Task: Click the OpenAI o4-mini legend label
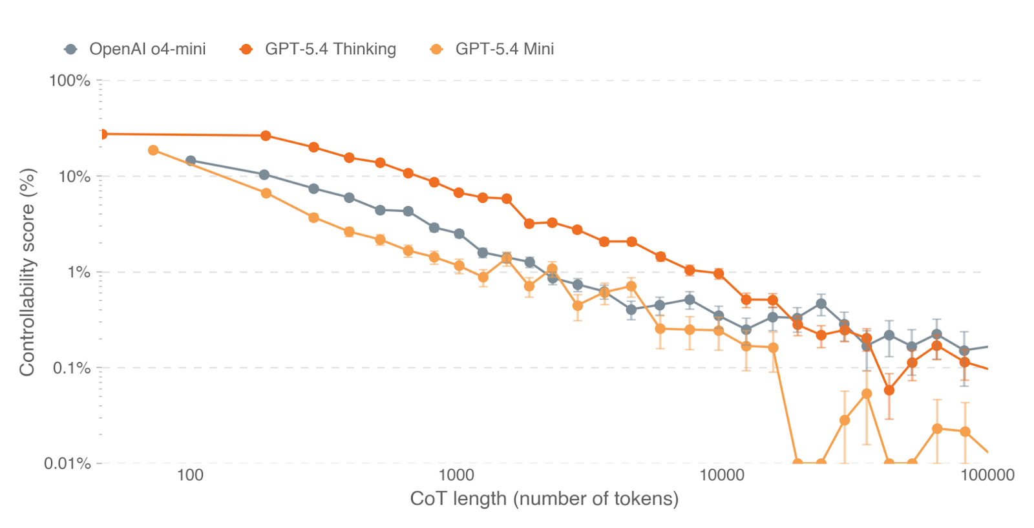(147, 49)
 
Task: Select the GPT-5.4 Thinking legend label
(330, 49)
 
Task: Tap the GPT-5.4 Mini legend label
(504, 49)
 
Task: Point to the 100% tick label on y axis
(70, 81)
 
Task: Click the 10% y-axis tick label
(74, 176)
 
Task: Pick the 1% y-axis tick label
(79, 272)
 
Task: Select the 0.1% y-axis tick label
(72, 368)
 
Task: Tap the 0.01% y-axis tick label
(67, 463)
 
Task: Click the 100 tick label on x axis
(190, 476)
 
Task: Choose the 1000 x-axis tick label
(456, 476)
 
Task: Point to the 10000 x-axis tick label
(722, 476)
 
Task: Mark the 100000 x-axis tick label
(987, 476)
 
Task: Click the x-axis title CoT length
(544, 499)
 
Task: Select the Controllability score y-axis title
(26, 272)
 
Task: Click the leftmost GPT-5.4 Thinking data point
(102, 134)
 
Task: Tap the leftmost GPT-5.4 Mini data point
(153, 151)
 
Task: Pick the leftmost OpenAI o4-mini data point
(191, 161)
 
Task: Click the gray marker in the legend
(71, 49)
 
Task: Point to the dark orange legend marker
(246, 49)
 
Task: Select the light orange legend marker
(437, 49)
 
